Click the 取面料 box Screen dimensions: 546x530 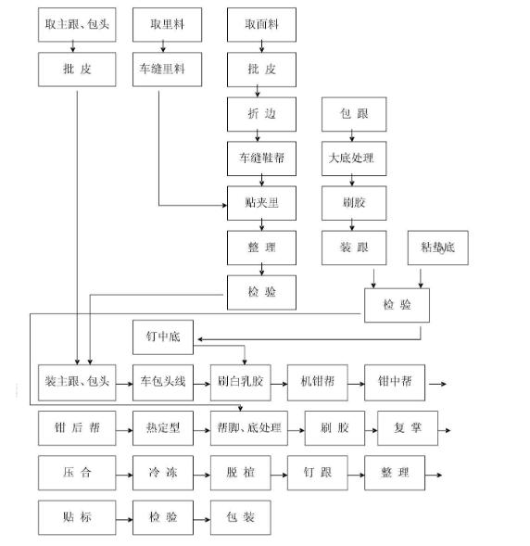click(262, 25)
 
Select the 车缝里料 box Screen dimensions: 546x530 click(168, 70)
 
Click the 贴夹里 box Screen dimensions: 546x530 click(262, 201)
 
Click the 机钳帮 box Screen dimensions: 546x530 click(318, 381)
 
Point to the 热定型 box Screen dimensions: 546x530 click(163, 428)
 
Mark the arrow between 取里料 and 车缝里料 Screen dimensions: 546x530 click(168, 47)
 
